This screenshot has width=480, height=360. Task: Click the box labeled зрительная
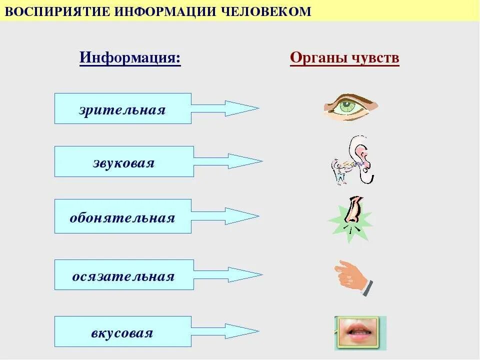pos(122,108)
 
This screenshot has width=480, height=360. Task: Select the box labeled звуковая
pos(123,161)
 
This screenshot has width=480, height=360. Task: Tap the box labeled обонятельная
pos(122,216)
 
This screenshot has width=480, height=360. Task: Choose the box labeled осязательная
pos(123,274)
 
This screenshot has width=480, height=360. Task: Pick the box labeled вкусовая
pos(122,331)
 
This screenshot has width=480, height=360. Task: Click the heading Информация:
pos(130,58)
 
